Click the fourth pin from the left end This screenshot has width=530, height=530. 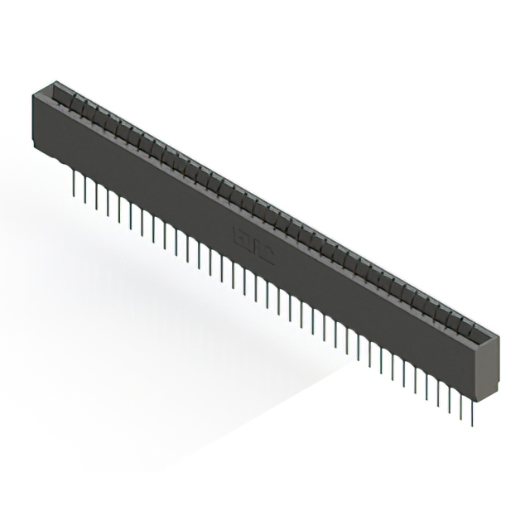tap(108, 200)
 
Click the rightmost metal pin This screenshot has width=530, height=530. tap(472, 406)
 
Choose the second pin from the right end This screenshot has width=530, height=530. tap(460, 400)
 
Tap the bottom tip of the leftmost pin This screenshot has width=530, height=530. tap(75, 192)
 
